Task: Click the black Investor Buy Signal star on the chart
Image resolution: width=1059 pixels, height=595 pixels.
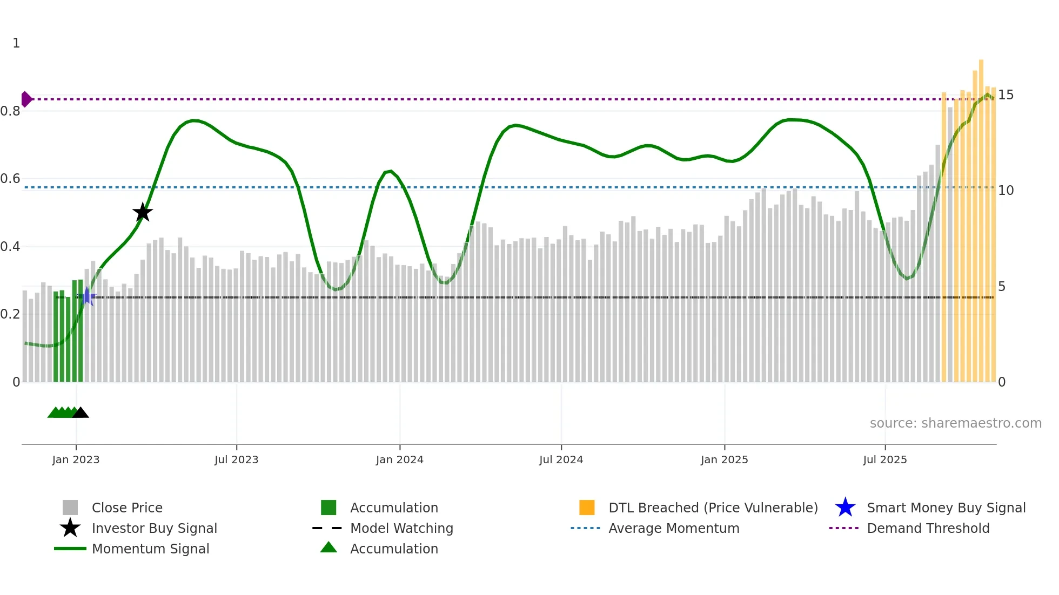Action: pos(143,213)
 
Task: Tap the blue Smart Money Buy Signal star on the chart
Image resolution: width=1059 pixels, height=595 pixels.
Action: pos(87,296)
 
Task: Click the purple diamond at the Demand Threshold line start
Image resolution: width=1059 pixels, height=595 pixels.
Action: pos(26,99)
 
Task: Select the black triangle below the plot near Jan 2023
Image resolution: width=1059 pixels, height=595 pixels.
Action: pos(81,413)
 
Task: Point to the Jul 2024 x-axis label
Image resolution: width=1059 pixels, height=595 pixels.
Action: pos(561,460)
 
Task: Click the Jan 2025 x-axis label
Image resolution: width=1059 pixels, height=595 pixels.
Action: pos(724,460)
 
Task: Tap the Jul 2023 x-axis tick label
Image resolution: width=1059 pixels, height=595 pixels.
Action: pos(236,460)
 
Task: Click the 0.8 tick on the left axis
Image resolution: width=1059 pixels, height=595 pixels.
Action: pos(10,111)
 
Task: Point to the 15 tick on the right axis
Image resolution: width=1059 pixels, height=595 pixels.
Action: pos(1006,95)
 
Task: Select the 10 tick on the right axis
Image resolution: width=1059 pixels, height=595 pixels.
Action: pos(1006,191)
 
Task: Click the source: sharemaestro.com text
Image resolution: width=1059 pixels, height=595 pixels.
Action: pos(955,423)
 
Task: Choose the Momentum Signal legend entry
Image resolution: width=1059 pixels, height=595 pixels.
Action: pos(150,549)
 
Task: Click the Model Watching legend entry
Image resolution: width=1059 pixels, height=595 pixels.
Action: pos(401,529)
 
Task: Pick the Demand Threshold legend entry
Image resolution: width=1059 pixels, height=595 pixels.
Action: pos(928,529)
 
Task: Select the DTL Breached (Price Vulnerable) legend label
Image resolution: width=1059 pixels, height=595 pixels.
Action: pos(713,508)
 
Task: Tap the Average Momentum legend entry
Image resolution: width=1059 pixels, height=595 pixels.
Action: pos(673,529)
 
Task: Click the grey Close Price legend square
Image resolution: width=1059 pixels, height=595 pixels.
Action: pos(70,508)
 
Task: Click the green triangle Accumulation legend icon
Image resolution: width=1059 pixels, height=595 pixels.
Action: pos(329,548)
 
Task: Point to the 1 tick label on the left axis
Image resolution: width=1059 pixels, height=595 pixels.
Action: pos(16,43)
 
